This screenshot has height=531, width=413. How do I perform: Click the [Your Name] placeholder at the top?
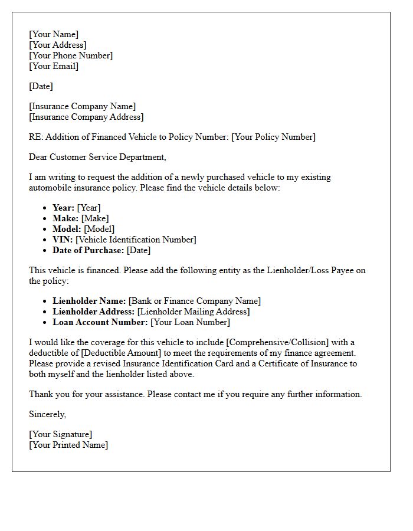54,34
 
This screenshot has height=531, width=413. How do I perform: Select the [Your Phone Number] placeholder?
71,55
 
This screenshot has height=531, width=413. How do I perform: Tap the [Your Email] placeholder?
54,66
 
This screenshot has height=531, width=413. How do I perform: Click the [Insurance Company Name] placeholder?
82,106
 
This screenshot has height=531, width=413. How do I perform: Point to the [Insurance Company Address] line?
86,117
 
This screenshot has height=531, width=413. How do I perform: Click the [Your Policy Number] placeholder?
273,137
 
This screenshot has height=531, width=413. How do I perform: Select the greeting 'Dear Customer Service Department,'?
97,157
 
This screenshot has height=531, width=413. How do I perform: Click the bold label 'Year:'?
63,208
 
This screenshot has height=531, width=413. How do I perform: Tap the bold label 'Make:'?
65,218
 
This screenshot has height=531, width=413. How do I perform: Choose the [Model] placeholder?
99,229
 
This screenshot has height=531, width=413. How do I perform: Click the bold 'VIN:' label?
63,240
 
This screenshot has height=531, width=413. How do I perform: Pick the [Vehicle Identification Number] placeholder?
136,240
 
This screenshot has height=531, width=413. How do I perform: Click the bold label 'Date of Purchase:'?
88,250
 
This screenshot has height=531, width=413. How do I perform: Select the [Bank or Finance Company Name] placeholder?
195,301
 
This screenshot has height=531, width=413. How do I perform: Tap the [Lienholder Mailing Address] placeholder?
194,312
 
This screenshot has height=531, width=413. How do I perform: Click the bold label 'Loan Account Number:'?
100,322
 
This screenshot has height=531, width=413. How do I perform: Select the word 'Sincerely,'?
48,414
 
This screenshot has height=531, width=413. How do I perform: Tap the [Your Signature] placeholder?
60,434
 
